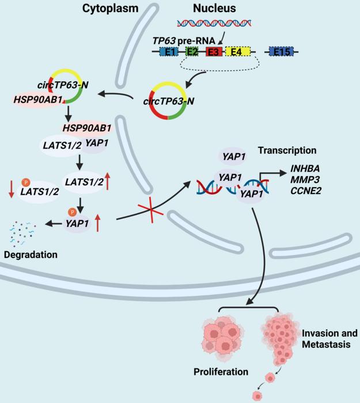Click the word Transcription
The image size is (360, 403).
[x=287, y=150]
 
